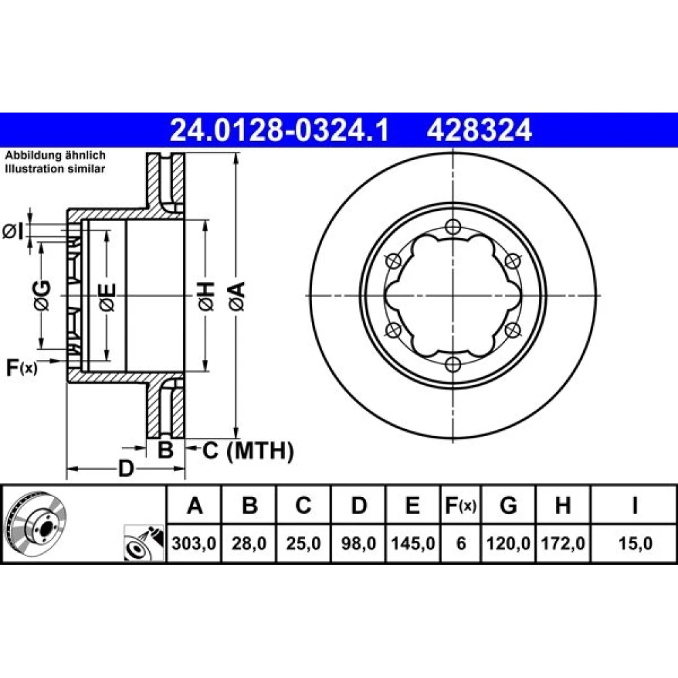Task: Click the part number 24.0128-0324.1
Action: click(x=280, y=130)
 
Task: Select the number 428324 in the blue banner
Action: click(x=479, y=130)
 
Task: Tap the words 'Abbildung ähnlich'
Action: click(x=56, y=155)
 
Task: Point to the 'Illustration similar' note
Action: click(x=55, y=169)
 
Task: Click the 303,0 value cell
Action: click(x=194, y=543)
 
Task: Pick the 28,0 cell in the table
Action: click(x=249, y=543)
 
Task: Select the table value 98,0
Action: click(x=359, y=543)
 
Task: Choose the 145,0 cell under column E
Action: click(x=413, y=543)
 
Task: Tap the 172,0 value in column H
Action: click(x=563, y=543)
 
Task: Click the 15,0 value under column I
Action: click(x=635, y=543)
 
